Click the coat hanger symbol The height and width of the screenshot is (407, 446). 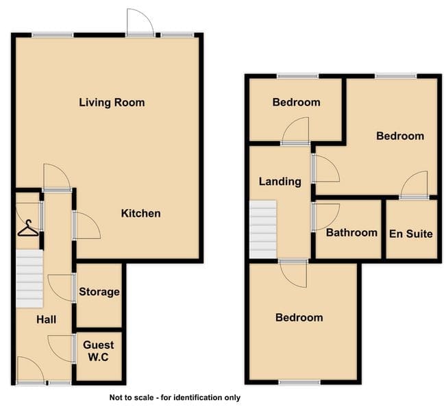(x=28, y=228)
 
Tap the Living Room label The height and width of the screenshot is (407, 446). (x=112, y=102)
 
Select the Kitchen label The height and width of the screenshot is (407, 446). (x=141, y=213)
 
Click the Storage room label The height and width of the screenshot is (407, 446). (x=99, y=292)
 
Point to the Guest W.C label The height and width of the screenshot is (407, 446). (x=99, y=351)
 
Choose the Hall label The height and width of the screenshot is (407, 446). (x=46, y=319)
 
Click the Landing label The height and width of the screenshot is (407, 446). (x=280, y=182)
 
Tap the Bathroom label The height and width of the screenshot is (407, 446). (x=351, y=233)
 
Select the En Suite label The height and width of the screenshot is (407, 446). (x=411, y=234)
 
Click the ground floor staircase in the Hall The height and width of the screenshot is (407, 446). (x=29, y=278)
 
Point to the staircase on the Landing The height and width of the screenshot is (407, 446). (x=263, y=230)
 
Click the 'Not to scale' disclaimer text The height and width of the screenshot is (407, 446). (x=175, y=397)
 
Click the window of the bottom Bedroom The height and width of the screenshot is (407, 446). (x=299, y=382)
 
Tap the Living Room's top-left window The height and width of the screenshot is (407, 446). (x=53, y=35)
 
